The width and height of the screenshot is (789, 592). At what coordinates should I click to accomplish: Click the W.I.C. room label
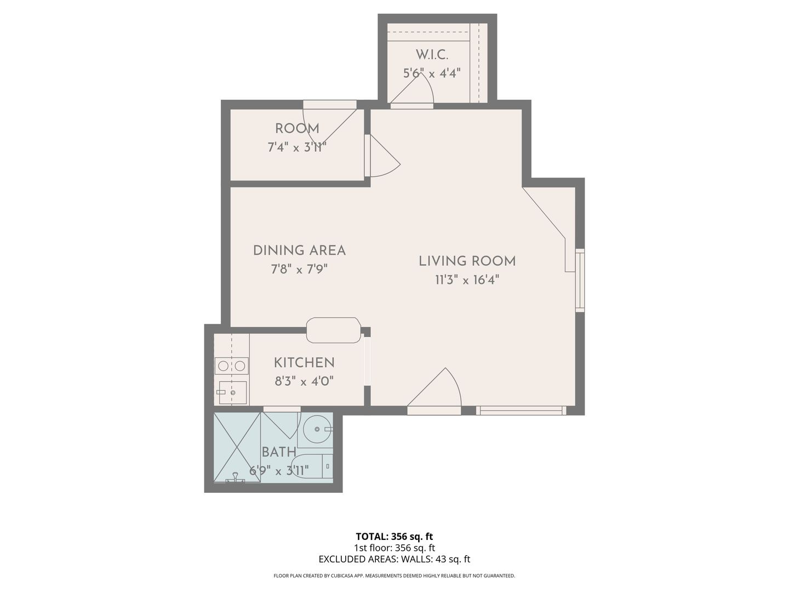click(432, 55)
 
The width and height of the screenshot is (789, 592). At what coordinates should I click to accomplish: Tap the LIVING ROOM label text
click(467, 261)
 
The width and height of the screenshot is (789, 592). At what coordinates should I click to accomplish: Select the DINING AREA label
click(299, 251)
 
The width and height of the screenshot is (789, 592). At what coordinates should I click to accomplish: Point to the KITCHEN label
click(304, 363)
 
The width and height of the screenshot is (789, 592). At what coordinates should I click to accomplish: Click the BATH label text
click(279, 452)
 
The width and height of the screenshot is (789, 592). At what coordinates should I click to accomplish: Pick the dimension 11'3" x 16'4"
click(467, 280)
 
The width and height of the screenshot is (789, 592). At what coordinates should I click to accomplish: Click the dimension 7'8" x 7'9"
click(299, 269)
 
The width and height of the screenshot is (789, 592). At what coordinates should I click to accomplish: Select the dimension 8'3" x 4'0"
click(304, 381)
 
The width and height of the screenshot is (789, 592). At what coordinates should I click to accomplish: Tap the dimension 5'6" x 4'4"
click(432, 73)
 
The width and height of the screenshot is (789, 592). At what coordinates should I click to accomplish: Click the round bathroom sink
click(317, 429)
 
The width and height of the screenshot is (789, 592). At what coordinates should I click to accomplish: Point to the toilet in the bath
click(311, 466)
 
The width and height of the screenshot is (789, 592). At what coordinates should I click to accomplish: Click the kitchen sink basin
click(233, 392)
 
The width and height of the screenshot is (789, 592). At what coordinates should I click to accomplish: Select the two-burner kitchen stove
click(232, 366)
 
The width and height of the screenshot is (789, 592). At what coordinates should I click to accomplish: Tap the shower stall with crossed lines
click(237, 447)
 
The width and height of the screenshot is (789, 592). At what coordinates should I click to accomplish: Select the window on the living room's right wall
click(580, 280)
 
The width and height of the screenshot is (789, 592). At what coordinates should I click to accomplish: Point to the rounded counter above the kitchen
click(334, 330)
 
